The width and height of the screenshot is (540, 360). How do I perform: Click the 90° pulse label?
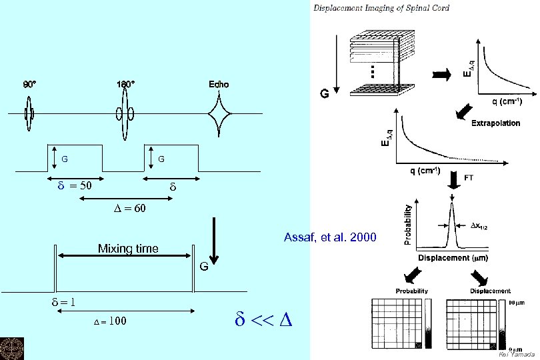pyautogui.click(x=30, y=85)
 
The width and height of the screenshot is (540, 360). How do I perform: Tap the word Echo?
pyautogui.click(x=218, y=84)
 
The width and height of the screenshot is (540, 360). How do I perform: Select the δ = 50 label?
pyautogui.click(x=74, y=185)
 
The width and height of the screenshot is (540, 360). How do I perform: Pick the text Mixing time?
pyautogui.click(x=128, y=249)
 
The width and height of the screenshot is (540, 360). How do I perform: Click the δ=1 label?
pyautogui.click(x=63, y=301)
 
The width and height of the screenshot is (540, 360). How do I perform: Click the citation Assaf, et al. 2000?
pyautogui.click(x=329, y=237)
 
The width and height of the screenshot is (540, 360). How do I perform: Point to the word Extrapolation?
pyautogui.click(x=495, y=123)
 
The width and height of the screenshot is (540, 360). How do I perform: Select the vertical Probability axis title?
pyautogui.click(x=408, y=224)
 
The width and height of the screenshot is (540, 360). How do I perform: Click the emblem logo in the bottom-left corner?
pyautogui.click(x=11, y=348)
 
